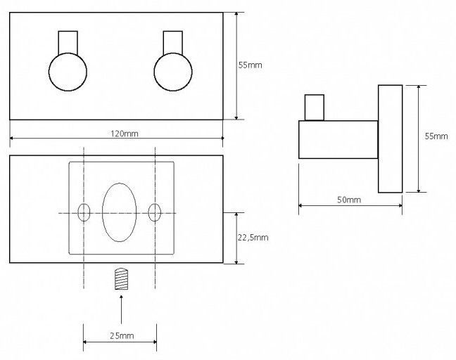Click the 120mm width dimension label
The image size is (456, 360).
(x=124, y=134)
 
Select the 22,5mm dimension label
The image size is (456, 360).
(x=253, y=238)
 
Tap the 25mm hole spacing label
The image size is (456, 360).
(x=122, y=336)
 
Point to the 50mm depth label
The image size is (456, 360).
(x=349, y=200)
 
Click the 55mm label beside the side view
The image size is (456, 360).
(x=436, y=136)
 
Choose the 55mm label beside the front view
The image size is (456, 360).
(x=250, y=65)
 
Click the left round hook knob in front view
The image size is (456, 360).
(x=68, y=72)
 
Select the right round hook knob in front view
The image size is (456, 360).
(x=173, y=72)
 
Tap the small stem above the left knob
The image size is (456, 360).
(x=68, y=42)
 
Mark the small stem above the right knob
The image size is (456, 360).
(x=173, y=42)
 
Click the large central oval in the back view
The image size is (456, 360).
(x=119, y=212)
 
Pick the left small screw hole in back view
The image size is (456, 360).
(x=84, y=212)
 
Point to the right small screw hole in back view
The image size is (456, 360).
(x=154, y=212)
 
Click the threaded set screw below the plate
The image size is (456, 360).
(x=121, y=279)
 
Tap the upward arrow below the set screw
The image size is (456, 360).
(x=121, y=309)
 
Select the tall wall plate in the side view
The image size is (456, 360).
(x=391, y=139)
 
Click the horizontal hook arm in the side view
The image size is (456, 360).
(x=338, y=140)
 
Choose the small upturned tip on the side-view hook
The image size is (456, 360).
(x=315, y=108)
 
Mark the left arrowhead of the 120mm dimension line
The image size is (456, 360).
(x=12, y=139)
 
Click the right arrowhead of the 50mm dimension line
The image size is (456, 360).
(x=400, y=205)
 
